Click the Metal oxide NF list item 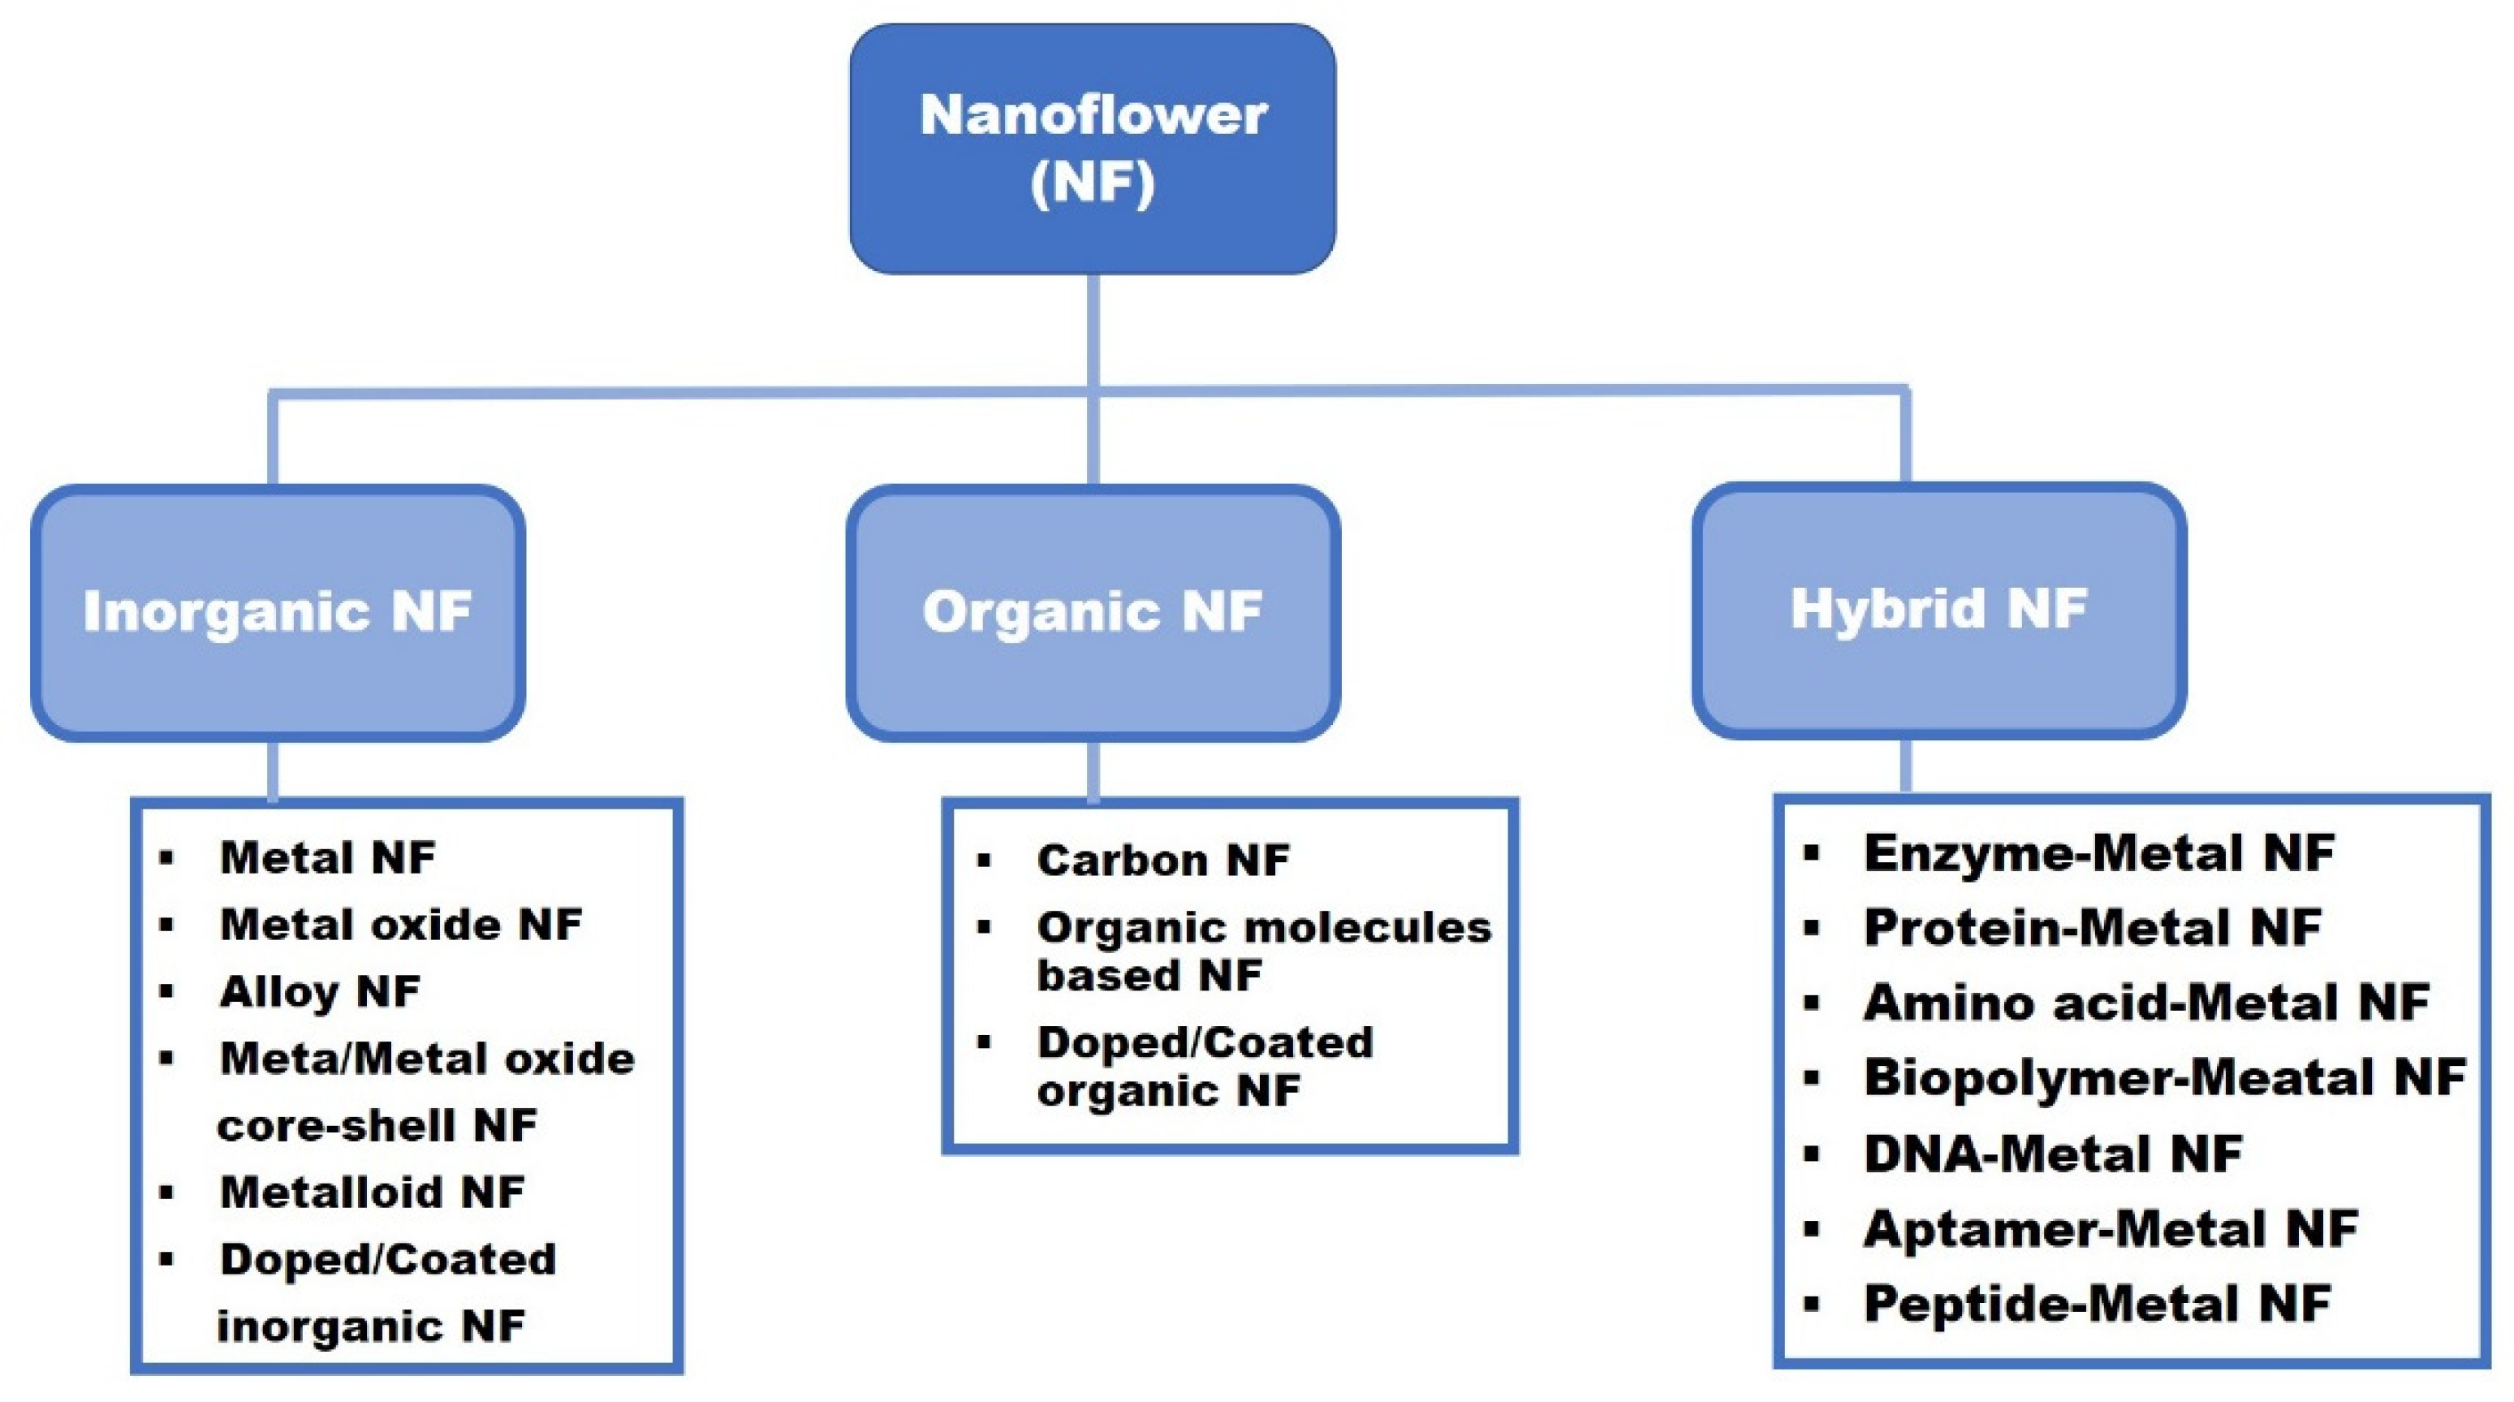[x=400, y=925]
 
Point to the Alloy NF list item [x=319, y=992]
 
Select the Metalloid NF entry [x=372, y=1192]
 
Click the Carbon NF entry [x=1162, y=861]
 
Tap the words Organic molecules [x=1264, y=928]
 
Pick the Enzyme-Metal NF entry [x=2098, y=853]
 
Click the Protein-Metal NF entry [x=2091, y=928]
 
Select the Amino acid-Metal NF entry [x=2146, y=1003]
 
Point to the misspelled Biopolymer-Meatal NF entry [x=2163, y=1078]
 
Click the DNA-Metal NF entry [x=2052, y=1154]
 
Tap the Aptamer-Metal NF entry [x=2110, y=1229]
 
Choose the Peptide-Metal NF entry [x=2096, y=1305]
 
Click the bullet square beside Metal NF [x=167, y=858]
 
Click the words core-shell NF [x=377, y=1126]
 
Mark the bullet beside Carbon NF [x=984, y=861]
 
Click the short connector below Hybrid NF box [x=1905, y=766]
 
